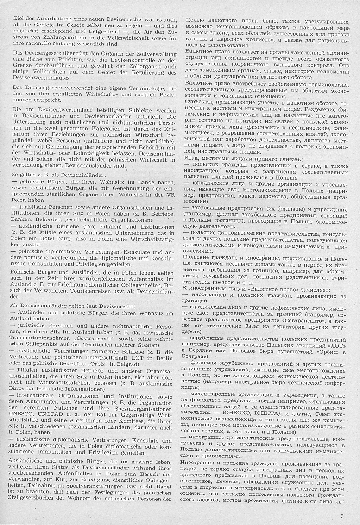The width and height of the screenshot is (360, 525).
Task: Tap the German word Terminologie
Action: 145,88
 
